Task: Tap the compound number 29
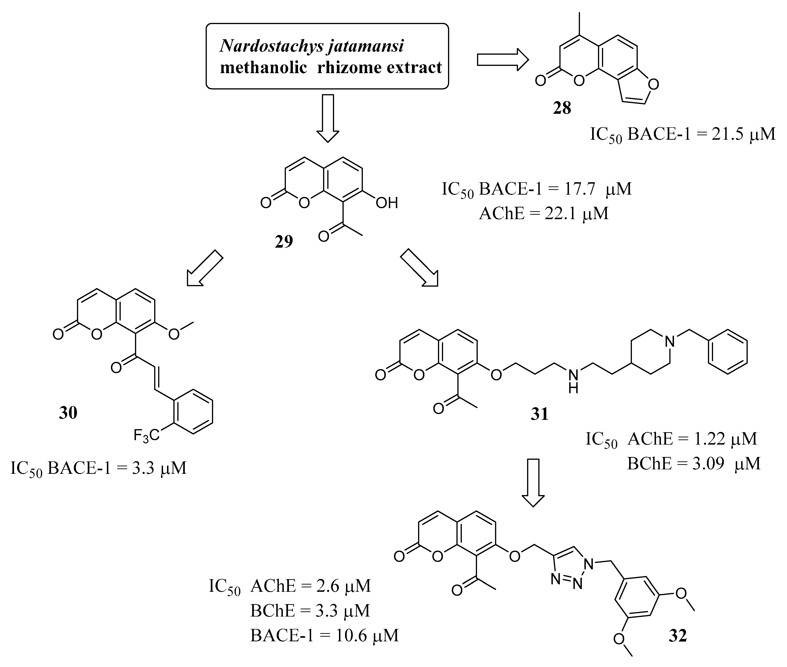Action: pos(284,242)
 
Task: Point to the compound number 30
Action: pos(68,413)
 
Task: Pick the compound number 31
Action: pos(539,414)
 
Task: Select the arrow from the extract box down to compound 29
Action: pos(328,118)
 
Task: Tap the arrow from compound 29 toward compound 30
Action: pos(205,267)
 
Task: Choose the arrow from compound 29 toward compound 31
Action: pos(419,267)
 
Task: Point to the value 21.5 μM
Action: pos(743,134)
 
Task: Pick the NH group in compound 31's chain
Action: pos(573,380)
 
